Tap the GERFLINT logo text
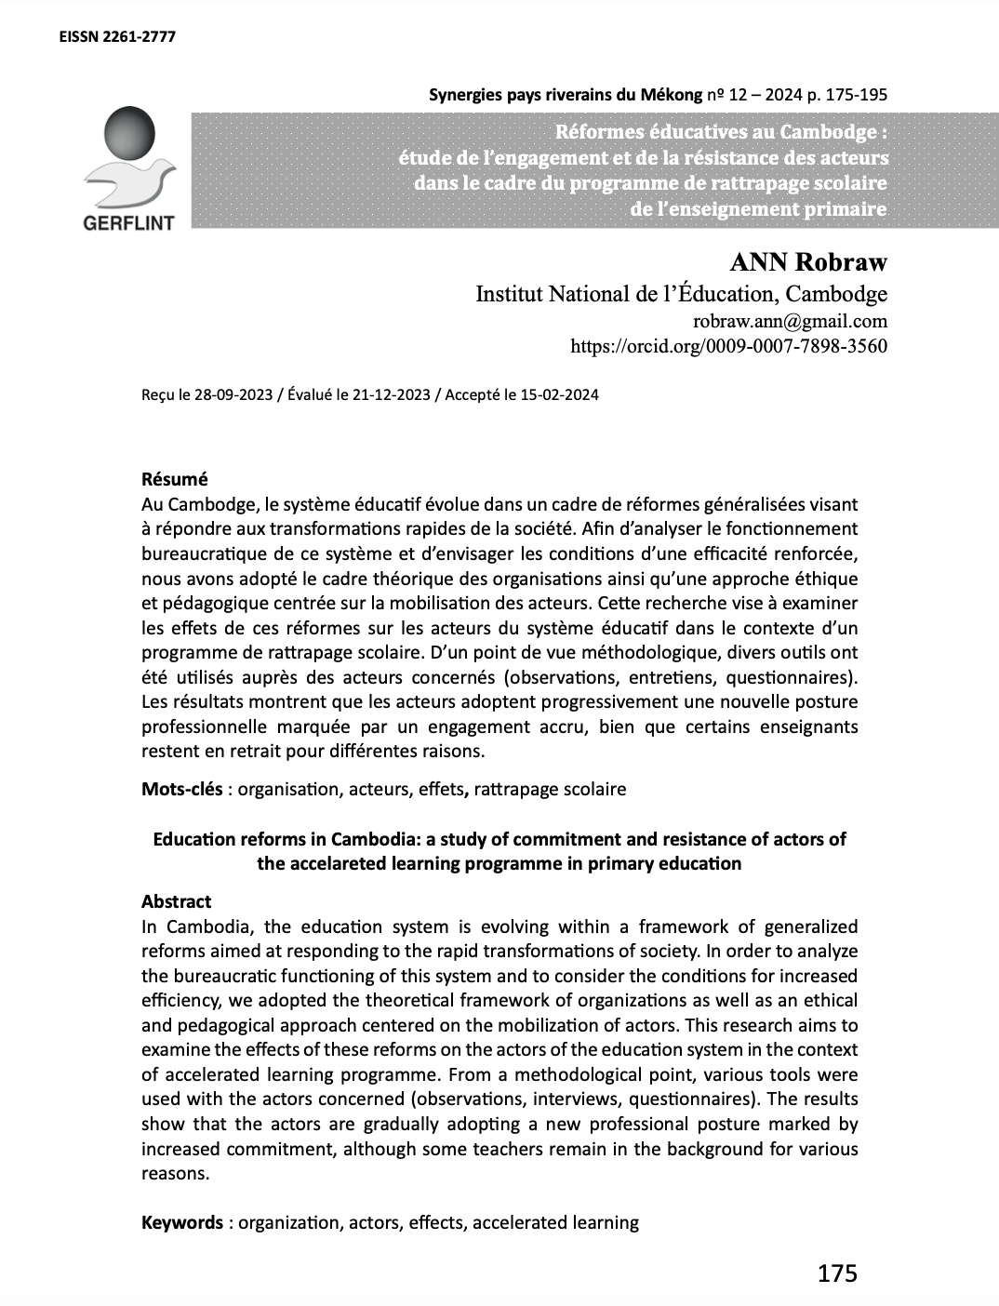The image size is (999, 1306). click(129, 223)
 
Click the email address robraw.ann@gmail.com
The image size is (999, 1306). click(791, 322)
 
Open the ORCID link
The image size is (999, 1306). click(728, 347)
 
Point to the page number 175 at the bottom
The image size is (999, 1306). click(837, 1273)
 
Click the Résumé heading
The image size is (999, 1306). click(174, 479)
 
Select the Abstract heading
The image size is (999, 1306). click(176, 901)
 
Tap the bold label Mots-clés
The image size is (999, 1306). click(181, 789)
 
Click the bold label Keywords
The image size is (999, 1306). click(181, 1222)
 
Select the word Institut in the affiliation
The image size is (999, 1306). click(508, 295)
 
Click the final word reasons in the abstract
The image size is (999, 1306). click(173, 1174)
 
